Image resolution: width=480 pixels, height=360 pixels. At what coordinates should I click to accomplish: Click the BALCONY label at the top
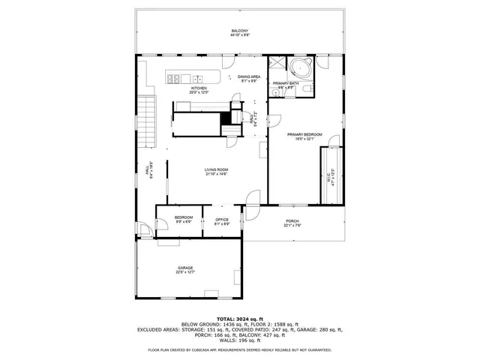[x=240, y=30]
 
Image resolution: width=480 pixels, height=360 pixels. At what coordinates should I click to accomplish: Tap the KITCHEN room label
[x=199, y=88]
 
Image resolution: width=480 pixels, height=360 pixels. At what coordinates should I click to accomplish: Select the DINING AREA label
[x=248, y=76]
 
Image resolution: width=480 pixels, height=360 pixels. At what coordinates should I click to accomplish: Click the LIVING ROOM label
[x=217, y=169]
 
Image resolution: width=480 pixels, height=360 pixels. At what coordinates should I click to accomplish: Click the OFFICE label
[x=222, y=219]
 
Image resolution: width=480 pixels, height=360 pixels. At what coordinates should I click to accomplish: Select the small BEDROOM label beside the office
[x=184, y=217]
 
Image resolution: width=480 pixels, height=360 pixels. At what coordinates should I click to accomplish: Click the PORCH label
[x=292, y=220]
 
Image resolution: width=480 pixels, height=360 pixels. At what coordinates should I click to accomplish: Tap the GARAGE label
[x=185, y=267]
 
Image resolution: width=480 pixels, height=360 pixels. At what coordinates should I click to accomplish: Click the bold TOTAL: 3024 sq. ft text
[x=240, y=319]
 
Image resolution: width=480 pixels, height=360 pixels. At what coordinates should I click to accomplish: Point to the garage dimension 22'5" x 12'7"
[x=185, y=272]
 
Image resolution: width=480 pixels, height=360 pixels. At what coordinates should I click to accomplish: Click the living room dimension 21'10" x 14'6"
[x=217, y=175]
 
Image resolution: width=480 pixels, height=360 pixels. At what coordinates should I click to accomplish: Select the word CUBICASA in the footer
[x=213, y=349]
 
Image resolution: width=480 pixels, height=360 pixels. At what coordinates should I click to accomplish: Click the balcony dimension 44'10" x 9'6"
[x=240, y=35]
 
